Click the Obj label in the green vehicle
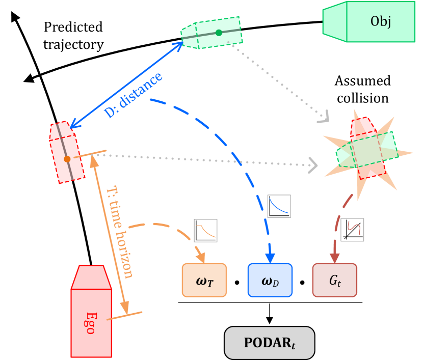381,21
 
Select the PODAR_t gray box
270,343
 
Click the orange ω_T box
204,280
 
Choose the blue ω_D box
270,280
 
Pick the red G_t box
335,280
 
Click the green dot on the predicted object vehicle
219,33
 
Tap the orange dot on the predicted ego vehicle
67,159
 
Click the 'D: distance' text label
134,95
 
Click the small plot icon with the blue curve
279,206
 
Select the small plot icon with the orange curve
205,231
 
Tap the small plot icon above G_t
352,230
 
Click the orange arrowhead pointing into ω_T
201,257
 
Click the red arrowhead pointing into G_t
334,258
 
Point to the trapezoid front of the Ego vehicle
91,277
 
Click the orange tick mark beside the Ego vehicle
124,316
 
